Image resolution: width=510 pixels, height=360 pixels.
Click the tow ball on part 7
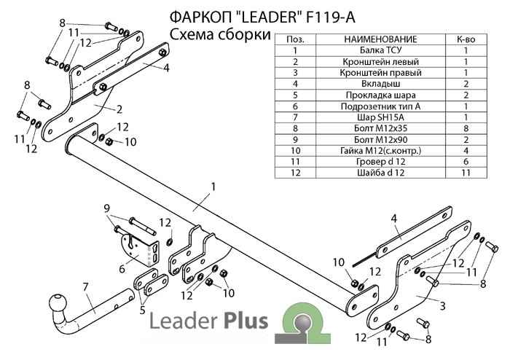(x=58, y=303)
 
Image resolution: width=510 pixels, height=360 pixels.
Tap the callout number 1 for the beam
(x=213, y=187)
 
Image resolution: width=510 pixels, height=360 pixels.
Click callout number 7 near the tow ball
(x=86, y=285)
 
